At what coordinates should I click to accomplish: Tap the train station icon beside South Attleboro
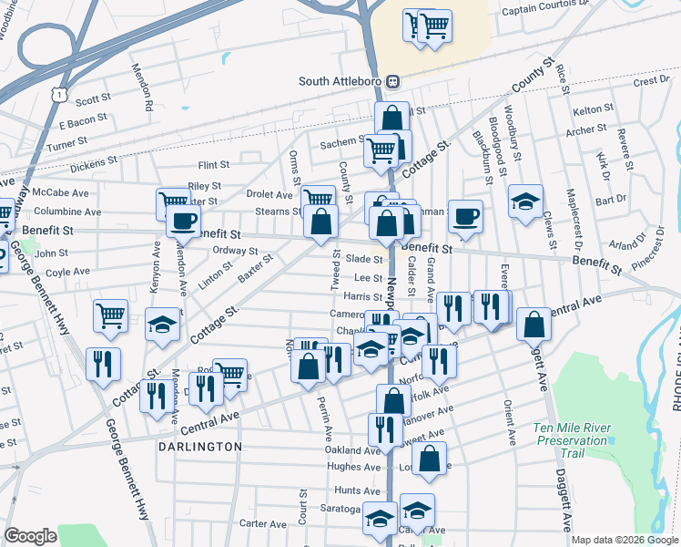(393, 81)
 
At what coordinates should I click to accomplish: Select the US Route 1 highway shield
(58, 94)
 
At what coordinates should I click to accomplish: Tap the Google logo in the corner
(30, 536)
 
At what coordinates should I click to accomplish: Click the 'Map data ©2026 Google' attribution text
(623, 540)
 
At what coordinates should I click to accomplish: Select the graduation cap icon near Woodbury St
(525, 203)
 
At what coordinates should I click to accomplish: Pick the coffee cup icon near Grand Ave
(465, 217)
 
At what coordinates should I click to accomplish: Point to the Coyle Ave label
(67, 272)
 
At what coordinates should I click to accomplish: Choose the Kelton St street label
(595, 109)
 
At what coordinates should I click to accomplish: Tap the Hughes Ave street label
(355, 466)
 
